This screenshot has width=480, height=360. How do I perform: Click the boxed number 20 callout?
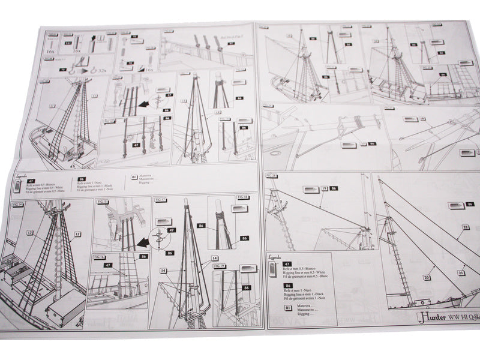(x=426, y=277)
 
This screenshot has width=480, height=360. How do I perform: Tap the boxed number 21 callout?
(x=461, y=272)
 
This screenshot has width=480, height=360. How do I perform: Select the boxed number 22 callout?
(x=466, y=227)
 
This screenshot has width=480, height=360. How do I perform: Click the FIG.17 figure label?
(x=160, y=199)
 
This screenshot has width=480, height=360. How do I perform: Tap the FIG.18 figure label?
(x=243, y=197)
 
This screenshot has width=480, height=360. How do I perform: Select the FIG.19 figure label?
(x=220, y=266)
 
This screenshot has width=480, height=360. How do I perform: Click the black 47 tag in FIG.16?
(x=109, y=264)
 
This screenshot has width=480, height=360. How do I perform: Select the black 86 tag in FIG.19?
(x=246, y=288)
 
